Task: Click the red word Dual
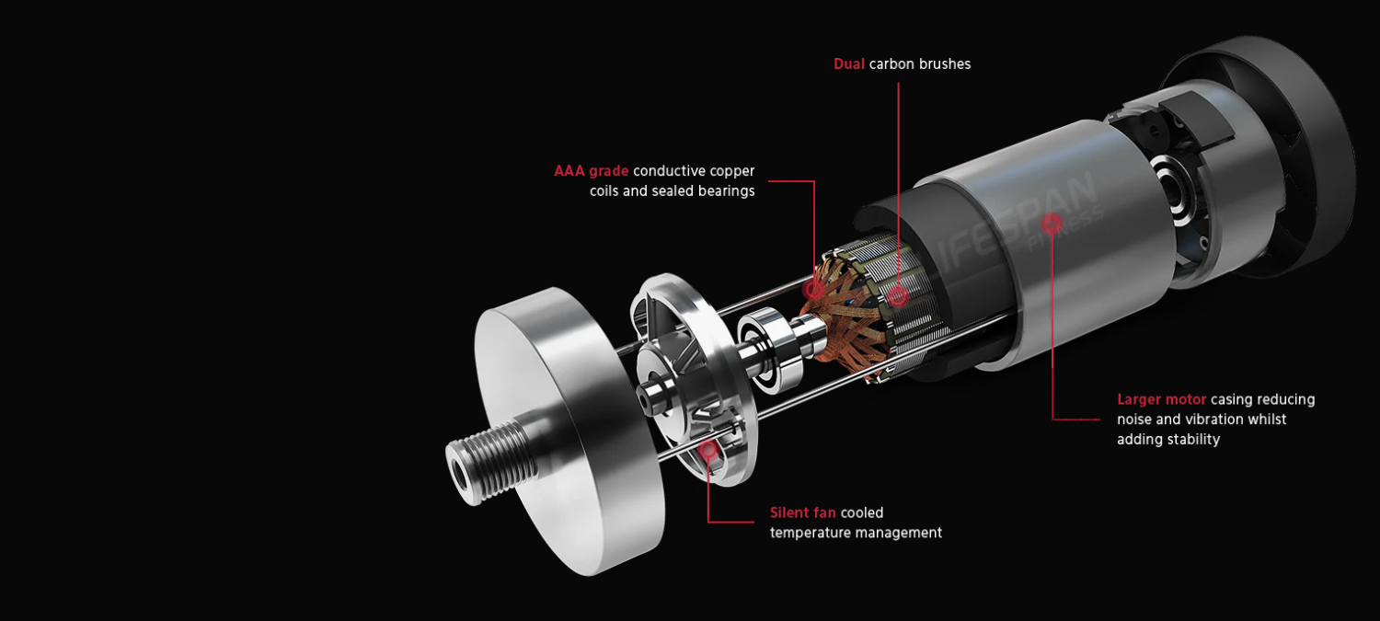tap(849, 64)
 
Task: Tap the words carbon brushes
tap(920, 64)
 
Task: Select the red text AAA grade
tap(591, 171)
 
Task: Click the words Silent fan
tap(803, 512)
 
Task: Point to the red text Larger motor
tap(1161, 400)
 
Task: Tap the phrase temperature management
tap(856, 533)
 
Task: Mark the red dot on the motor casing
tap(1052, 223)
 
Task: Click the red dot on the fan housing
tap(708, 449)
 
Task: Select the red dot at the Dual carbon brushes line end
tap(898, 295)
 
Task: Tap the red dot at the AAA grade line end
tap(814, 289)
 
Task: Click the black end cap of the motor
tap(1269, 154)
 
